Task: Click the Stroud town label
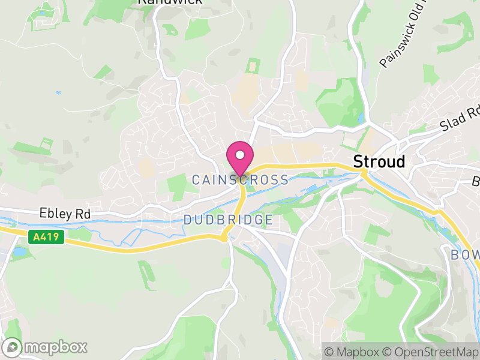(x=379, y=161)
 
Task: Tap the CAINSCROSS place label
(x=240, y=179)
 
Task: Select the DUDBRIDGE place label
(x=228, y=220)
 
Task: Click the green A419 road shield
(x=46, y=237)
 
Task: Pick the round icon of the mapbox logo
(x=13, y=347)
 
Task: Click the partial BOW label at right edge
(x=464, y=255)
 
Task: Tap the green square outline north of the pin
(x=253, y=65)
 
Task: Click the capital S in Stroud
(x=358, y=161)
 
